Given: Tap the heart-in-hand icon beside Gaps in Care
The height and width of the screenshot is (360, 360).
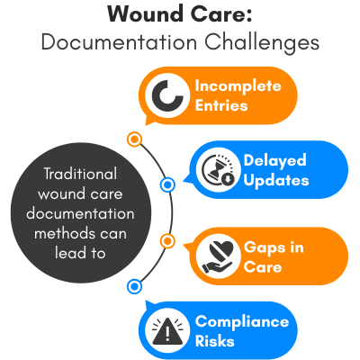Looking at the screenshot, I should click(x=216, y=256).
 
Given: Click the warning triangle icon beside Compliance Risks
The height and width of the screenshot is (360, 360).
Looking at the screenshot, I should click(x=167, y=330).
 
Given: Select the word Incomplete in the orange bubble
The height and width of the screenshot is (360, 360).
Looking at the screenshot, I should click(x=238, y=86).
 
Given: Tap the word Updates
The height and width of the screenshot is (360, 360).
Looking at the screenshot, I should click(x=276, y=181).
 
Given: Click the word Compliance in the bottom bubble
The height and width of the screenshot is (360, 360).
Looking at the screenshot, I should click(x=242, y=322).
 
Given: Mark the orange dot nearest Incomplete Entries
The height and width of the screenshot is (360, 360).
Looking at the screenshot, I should click(x=134, y=139).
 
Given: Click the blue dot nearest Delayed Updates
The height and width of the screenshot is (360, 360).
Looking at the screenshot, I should click(x=166, y=185).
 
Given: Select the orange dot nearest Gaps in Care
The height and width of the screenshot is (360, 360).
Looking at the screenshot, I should click(x=166, y=240).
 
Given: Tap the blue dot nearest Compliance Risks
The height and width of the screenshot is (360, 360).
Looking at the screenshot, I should click(x=134, y=286).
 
